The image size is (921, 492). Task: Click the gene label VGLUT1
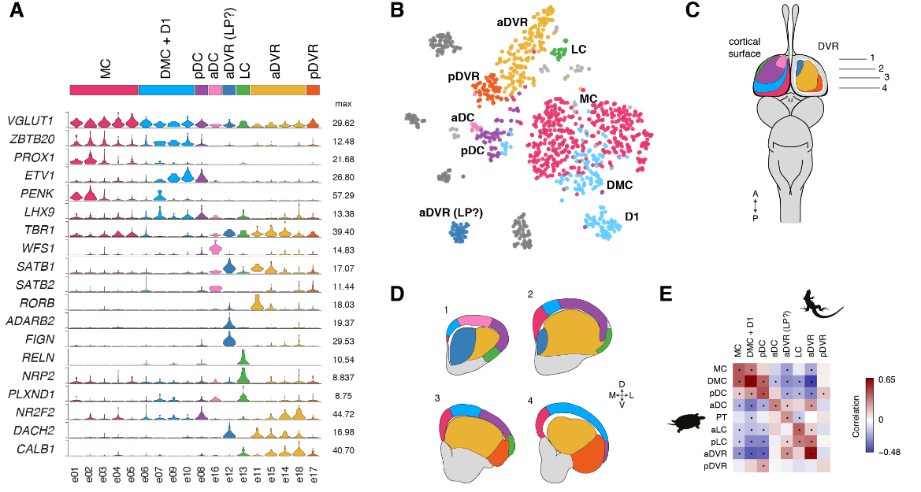29,121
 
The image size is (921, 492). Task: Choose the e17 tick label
314,475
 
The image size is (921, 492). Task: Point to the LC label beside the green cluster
579,49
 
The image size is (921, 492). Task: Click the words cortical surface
745,47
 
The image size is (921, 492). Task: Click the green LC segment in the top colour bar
243,91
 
